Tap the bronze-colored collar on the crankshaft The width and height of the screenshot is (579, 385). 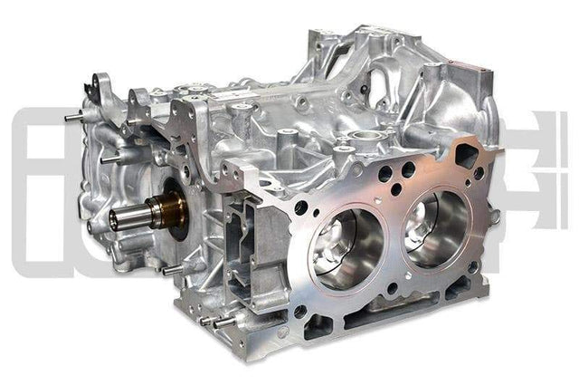[x=171, y=210]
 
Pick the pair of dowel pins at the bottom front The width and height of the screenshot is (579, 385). [x=213, y=319]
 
